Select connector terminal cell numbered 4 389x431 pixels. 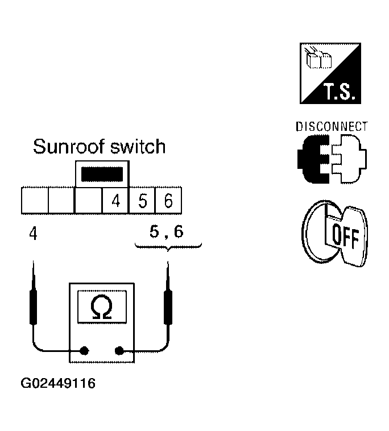116,201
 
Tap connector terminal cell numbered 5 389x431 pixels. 143,201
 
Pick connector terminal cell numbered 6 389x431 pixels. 168,201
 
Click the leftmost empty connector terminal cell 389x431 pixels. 34,201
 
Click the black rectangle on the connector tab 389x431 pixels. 102,174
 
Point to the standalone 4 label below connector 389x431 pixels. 33,233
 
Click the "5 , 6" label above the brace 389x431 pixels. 167,232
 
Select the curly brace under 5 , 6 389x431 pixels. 168,247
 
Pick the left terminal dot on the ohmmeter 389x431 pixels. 85,351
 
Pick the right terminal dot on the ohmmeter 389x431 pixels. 119,351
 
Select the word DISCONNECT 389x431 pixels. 332,126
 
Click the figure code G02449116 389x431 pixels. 58,384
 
